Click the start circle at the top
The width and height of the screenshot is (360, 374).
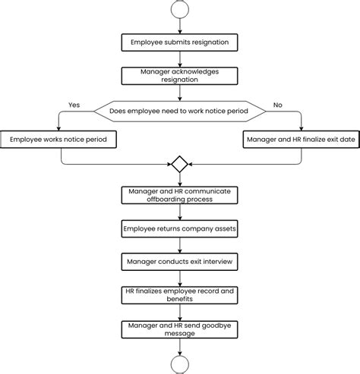pyautogui.click(x=180, y=9)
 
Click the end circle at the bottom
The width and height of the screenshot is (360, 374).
pyautogui.click(x=180, y=366)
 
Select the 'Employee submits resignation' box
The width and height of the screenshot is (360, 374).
pyautogui.click(x=180, y=42)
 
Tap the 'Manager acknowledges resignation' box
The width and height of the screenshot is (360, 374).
pyautogui.click(x=180, y=75)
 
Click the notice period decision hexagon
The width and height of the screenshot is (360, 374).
pyautogui.click(x=180, y=112)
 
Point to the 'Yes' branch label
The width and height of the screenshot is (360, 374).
pyautogui.click(x=74, y=105)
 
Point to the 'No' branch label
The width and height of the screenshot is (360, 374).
pyautogui.click(x=279, y=105)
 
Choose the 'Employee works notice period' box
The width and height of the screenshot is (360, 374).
pyautogui.click(x=58, y=140)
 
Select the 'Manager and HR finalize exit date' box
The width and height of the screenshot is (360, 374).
pyautogui.click(x=300, y=140)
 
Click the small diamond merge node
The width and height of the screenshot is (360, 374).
pyautogui.click(x=180, y=164)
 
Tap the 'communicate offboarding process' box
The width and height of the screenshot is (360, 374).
pyautogui.click(x=180, y=195)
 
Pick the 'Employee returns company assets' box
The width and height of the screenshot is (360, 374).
pyautogui.click(x=180, y=228)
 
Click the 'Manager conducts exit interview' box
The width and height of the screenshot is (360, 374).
pyautogui.click(x=180, y=262)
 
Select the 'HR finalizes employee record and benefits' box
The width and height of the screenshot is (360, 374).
pyautogui.click(x=180, y=295)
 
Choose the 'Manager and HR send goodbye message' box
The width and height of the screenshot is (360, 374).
pyautogui.click(x=180, y=328)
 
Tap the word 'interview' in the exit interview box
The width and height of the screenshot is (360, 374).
pyautogui.click(x=214, y=262)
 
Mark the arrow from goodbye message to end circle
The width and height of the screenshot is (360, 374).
pyautogui.click(x=180, y=347)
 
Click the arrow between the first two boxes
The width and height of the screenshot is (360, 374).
pyautogui.click(x=180, y=58)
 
